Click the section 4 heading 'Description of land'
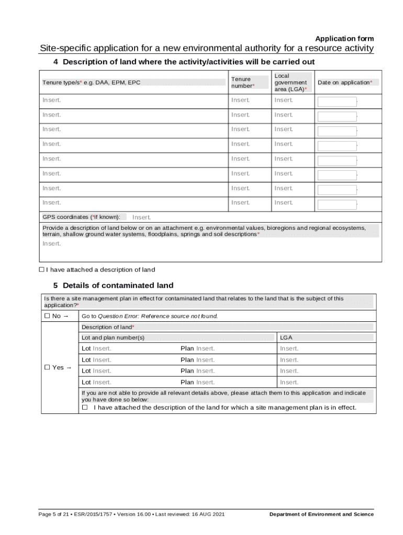188,62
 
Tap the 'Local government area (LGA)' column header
290,83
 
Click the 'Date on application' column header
345,83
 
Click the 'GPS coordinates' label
82,217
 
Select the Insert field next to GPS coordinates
141,217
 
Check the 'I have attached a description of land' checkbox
42,270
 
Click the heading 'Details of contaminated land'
118,285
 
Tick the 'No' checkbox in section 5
47,316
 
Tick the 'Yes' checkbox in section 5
47,367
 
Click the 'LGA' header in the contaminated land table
286,338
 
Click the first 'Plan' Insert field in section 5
205,348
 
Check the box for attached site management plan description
85,407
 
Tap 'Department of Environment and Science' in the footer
321,514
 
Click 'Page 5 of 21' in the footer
54,514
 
